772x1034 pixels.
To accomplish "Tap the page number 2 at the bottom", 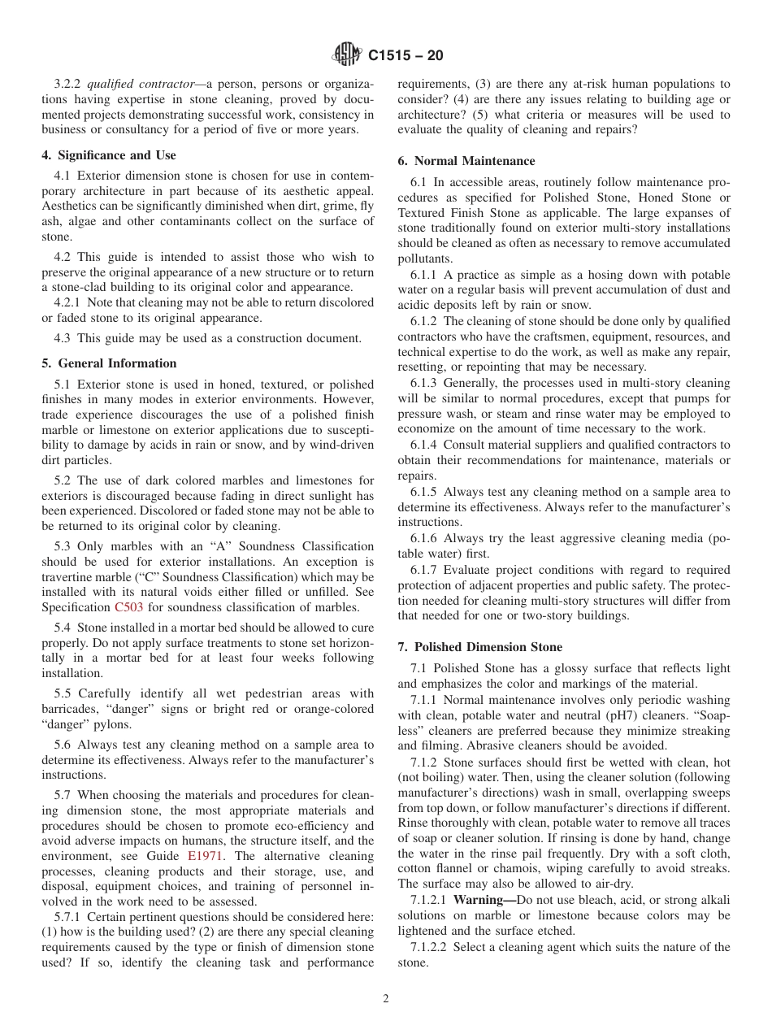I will (x=386, y=999).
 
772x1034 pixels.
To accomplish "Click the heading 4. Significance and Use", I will (x=109, y=155).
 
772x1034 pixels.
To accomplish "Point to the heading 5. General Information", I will (x=109, y=363).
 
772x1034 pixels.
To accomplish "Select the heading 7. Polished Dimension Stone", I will (x=479, y=647).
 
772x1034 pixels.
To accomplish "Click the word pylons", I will (x=111, y=724).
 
